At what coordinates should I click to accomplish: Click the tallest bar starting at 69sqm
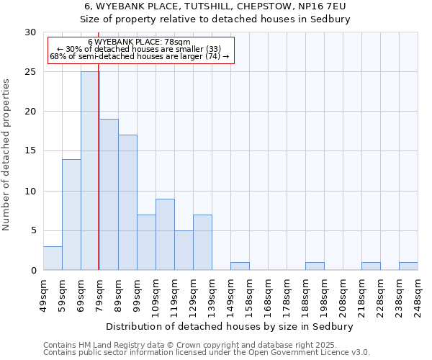(x=90, y=171)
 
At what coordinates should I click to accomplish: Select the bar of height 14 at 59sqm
(x=71, y=215)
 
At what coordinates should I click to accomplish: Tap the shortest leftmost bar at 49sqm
(x=53, y=258)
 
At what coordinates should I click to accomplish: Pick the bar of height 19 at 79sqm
(x=109, y=194)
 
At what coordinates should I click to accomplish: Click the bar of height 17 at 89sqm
(x=127, y=202)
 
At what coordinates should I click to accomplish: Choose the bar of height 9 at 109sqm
(x=165, y=234)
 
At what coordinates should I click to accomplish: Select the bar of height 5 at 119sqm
(x=184, y=250)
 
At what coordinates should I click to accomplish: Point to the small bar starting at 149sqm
(x=240, y=266)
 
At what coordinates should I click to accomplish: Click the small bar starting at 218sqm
(x=371, y=266)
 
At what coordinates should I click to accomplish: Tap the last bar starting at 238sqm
(x=408, y=266)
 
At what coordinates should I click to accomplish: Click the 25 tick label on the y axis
(x=30, y=72)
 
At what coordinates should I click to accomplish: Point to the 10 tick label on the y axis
(x=30, y=191)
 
